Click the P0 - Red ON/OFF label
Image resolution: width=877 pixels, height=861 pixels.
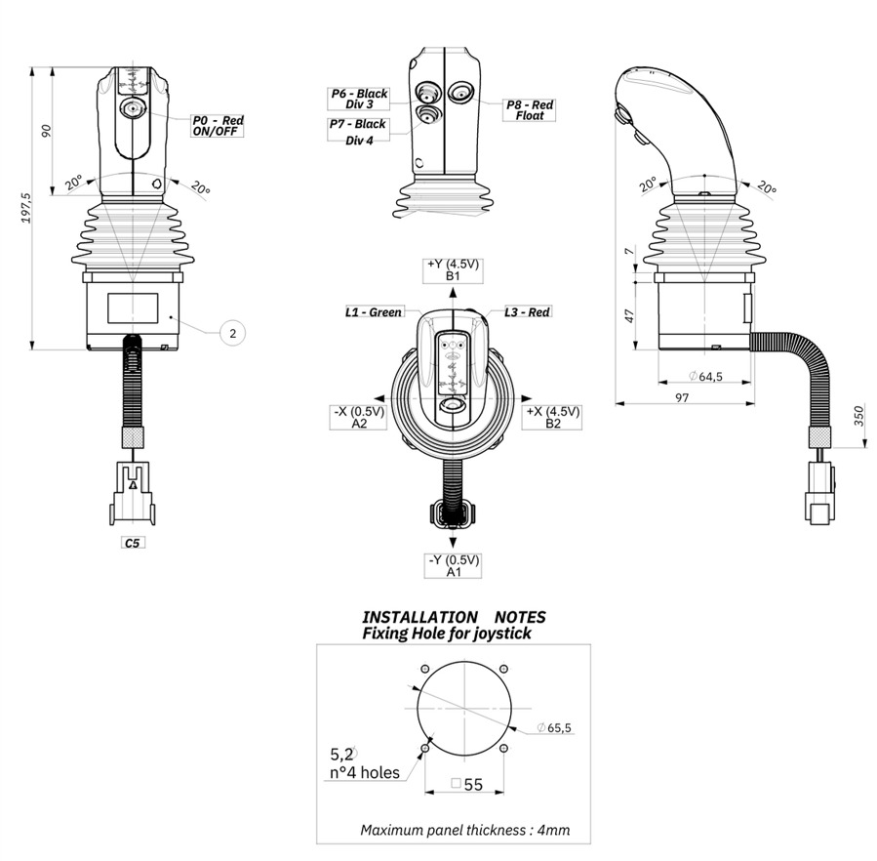[x=218, y=125]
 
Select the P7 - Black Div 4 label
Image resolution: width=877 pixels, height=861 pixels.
[x=357, y=131]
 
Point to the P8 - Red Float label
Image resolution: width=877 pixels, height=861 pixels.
[x=530, y=109]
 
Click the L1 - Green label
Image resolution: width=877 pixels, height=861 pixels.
[x=374, y=312]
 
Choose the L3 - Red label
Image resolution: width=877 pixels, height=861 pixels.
[x=527, y=312]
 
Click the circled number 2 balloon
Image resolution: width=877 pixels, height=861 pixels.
[x=232, y=333]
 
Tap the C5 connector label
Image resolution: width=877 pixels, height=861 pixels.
[x=133, y=542]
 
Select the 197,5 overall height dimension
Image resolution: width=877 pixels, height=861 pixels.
[x=26, y=209]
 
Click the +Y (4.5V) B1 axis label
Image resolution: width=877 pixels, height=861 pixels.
[x=453, y=270]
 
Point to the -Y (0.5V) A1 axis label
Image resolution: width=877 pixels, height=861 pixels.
[x=453, y=566]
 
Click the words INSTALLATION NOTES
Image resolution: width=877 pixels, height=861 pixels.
[x=454, y=617]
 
